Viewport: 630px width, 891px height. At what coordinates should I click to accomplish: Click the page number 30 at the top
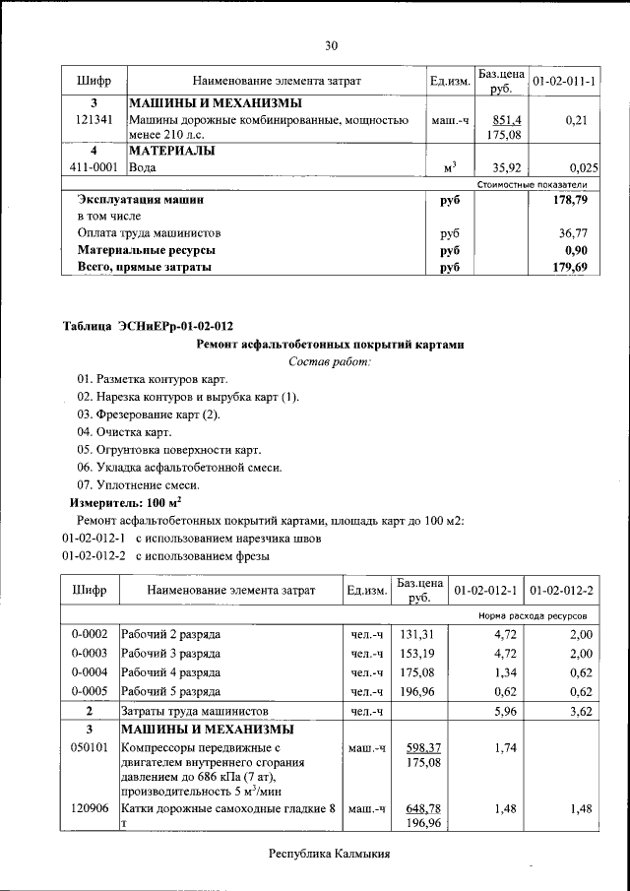point(332,45)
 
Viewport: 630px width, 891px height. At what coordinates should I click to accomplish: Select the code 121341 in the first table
point(94,120)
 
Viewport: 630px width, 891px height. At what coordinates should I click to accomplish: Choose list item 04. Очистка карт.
point(124,432)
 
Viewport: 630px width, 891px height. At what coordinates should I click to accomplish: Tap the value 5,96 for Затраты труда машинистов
point(503,710)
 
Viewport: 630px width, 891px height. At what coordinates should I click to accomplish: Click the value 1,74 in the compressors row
point(503,748)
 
